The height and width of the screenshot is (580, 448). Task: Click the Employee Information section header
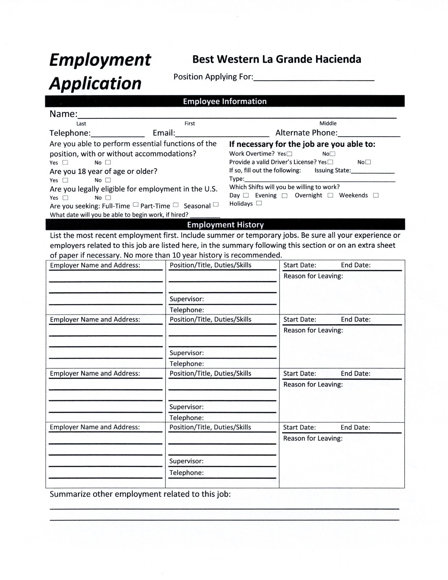pos(224,101)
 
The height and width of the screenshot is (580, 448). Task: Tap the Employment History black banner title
pos(225,225)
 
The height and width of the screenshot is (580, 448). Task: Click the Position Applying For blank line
pos(314,79)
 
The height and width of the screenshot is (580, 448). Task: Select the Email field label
pos(164,133)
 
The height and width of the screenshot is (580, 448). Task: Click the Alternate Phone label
pos(306,133)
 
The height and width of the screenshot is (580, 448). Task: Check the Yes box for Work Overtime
pos(289,154)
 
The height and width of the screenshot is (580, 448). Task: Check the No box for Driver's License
pos(368,162)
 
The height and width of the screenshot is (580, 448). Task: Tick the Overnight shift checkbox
pos(330,195)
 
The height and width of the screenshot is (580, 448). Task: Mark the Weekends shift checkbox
pos(376,195)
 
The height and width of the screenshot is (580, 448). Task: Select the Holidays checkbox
pos(259,203)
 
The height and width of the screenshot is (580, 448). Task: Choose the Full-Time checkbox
pos(135,205)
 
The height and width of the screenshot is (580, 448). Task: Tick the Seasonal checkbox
pos(216,205)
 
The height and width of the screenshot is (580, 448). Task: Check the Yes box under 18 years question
pos(65,180)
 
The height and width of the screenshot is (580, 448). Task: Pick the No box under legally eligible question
pos(108,198)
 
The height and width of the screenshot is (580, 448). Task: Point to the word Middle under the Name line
pos(328,124)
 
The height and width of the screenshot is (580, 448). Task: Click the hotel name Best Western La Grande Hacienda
pos(276,59)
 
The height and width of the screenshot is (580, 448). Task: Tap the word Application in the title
pos(95,83)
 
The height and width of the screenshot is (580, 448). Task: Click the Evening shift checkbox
pos(285,195)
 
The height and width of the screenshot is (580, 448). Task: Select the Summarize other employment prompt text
pos(140,494)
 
